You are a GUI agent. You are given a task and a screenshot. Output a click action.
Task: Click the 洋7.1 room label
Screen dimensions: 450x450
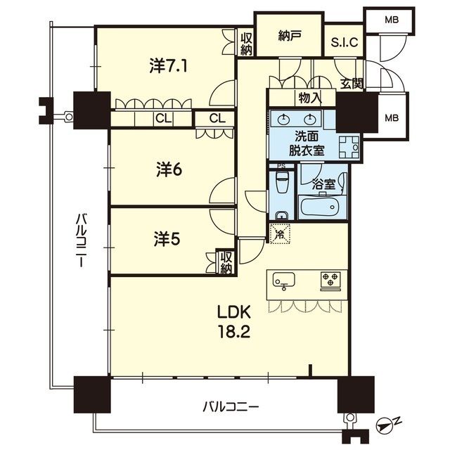tap(168, 65)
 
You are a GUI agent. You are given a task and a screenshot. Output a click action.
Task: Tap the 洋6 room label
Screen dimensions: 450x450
tap(169, 169)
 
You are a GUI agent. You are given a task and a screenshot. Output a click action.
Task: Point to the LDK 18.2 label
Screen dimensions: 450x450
tap(234, 321)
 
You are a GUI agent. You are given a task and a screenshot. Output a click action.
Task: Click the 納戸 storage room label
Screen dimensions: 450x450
tap(288, 36)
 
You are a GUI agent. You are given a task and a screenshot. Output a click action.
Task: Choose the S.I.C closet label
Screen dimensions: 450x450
tap(345, 42)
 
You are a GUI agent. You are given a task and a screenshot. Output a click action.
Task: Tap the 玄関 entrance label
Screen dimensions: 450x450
tap(352, 84)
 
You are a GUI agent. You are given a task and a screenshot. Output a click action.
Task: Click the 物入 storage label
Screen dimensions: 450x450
tap(309, 98)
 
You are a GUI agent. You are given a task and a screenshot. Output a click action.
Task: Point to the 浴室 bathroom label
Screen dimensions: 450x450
tap(323, 185)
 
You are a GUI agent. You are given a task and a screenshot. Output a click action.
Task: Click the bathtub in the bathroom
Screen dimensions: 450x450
tap(319, 207)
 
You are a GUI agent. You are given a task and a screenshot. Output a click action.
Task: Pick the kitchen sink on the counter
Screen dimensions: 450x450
tap(284, 280)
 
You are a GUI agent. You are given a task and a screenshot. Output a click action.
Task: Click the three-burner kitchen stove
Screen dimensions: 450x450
tap(330, 279)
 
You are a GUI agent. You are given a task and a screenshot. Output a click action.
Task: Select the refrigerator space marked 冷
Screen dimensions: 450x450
tap(280, 234)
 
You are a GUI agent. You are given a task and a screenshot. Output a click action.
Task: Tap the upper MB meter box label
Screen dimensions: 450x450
tap(392, 20)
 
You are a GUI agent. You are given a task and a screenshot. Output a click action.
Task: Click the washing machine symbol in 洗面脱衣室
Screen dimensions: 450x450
tap(349, 147)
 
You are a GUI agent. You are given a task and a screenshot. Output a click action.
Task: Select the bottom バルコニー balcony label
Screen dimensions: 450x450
tap(231, 406)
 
